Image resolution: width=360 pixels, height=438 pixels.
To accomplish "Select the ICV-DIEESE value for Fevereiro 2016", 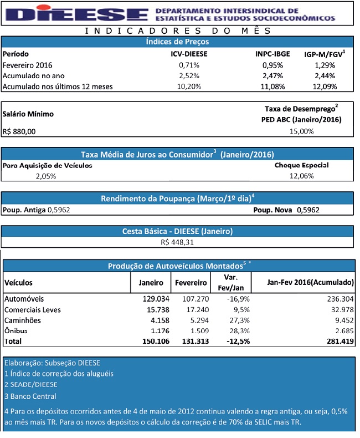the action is point(189,65).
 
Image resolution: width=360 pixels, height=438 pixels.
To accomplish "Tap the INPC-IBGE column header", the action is point(272,54).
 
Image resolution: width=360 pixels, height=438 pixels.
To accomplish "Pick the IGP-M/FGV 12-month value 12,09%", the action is point(325,86).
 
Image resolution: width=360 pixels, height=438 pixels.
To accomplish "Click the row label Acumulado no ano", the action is point(33,76).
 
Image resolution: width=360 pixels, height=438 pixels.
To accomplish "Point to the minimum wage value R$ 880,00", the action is point(19,131).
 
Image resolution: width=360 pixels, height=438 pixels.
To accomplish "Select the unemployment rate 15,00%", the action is point(302,131).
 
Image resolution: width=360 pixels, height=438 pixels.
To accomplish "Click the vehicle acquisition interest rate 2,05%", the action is point(46,176).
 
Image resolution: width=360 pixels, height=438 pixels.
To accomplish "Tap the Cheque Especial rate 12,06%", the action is point(302,176).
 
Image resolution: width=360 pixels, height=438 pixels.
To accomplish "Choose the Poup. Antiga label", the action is point(24,210).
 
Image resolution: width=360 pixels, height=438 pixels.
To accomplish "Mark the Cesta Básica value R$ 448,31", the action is point(177,242).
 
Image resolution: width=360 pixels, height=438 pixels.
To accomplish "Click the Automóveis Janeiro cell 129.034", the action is point(156,299).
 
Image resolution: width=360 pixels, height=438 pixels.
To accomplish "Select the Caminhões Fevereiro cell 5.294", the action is point(199,320).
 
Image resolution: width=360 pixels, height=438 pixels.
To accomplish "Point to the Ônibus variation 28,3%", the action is point(240,331).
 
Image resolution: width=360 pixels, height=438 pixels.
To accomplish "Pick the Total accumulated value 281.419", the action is point(340,342).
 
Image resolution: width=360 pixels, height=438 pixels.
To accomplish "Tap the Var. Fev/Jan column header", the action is point(231,282).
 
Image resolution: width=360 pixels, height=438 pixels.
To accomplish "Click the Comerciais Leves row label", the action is point(33,310).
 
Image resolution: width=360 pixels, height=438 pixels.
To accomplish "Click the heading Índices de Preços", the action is point(177,42).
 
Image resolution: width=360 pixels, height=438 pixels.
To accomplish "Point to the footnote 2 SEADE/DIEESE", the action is point(31,385).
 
